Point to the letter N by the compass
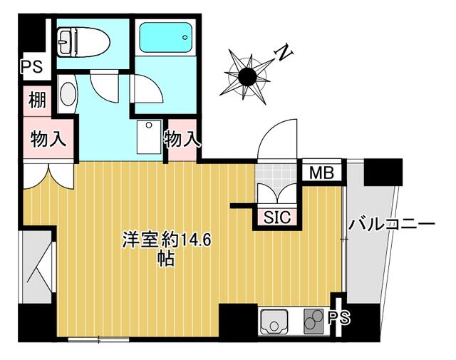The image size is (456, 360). pyautogui.click(x=284, y=52)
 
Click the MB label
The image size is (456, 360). pyautogui.click(x=321, y=172)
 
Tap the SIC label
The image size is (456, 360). pyautogui.click(x=277, y=217)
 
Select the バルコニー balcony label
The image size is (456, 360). pyautogui.click(x=391, y=225)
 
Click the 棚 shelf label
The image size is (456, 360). pyautogui.click(x=38, y=99)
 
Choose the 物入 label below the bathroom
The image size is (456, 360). pyautogui.click(x=182, y=139)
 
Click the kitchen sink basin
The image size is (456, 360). pyautogui.click(x=272, y=322)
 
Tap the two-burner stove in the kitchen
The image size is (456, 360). pyautogui.click(x=313, y=322)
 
